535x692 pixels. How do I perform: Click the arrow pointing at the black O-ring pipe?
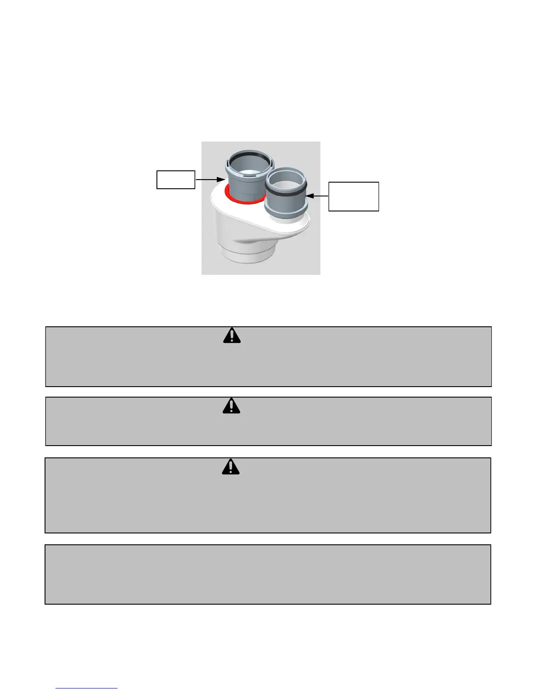[x=317, y=197]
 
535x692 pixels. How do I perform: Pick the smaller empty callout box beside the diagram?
[x=176, y=180]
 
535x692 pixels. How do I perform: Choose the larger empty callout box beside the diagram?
[x=354, y=197]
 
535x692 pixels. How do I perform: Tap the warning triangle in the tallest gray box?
[x=231, y=467]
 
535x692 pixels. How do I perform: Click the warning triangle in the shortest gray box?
[x=232, y=406]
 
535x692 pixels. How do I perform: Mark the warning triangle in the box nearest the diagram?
[x=232, y=335]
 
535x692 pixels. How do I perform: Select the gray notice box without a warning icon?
[x=267, y=574]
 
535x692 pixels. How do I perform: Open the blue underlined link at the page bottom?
[x=87, y=688]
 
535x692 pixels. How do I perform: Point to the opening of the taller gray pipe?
[x=248, y=163]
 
